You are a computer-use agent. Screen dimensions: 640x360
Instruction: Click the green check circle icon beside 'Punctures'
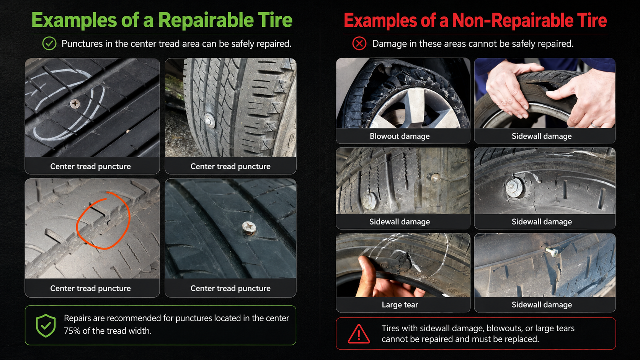(x=49, y=44)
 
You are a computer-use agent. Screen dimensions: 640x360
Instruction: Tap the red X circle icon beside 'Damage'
(x=359, y=44)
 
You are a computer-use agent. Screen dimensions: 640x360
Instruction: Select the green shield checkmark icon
(x=46, y=326)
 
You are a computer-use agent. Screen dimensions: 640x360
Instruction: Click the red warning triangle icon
(x=359, y=334)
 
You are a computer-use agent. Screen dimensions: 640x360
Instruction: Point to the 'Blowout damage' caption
(x=400, y=136)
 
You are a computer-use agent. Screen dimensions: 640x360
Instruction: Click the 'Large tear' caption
(x=400, y=305)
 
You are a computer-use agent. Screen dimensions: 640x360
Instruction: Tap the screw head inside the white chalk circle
(x=75, y=104)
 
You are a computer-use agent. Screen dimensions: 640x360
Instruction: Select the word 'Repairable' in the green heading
(x=206, y=21)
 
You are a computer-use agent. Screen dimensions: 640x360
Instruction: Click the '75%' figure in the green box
(x=72, y=331)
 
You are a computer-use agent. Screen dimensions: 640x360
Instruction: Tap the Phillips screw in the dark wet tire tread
(x=249, y=228)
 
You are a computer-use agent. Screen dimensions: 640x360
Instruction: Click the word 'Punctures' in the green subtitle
(x=82, y=44)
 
